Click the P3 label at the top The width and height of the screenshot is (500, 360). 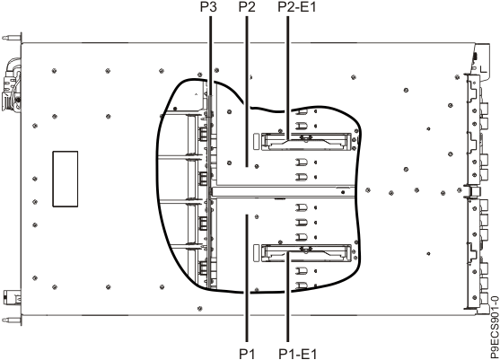tap(209, 7)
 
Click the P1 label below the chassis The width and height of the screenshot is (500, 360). tap(246, 352)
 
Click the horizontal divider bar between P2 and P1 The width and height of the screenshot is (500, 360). tap(278, 190)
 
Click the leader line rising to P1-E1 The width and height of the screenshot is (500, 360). tap(287, 305)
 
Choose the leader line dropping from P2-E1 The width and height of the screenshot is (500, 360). tap(287, 72)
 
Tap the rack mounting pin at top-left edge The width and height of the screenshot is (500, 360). tap(8, 39)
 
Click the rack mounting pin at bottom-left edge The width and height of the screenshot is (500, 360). tap(8, 320)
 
